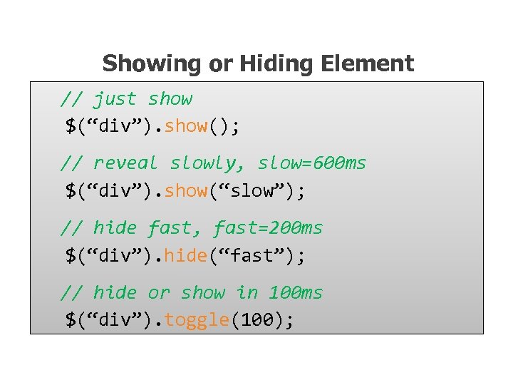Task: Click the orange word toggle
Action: point(196,321)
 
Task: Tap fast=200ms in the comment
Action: point(268,228)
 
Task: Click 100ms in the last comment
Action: point(296,293)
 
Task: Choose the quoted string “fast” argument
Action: point(252,256)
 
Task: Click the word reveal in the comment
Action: point(125,163)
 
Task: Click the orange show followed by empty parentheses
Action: point(185,126)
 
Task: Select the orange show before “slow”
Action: point(185,191)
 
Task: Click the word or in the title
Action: point(220,63)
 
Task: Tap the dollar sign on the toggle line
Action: point(71,320)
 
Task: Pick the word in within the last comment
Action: point(247,293)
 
